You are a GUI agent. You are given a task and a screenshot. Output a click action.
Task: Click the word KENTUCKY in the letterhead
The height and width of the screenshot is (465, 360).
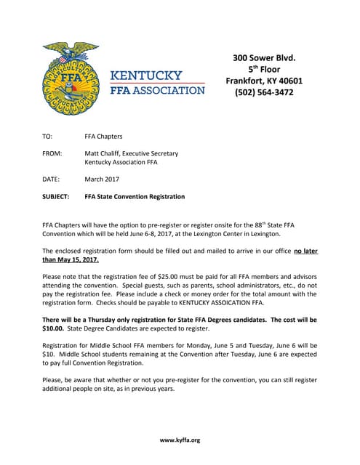point(156,76)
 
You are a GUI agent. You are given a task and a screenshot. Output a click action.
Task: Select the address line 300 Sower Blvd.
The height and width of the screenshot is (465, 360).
point(263,57)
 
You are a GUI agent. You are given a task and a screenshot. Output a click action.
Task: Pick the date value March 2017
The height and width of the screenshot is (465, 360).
point(103,179)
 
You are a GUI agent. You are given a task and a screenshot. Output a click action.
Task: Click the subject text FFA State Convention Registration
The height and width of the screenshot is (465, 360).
point(135,196)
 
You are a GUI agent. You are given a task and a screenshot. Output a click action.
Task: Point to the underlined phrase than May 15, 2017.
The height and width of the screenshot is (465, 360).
point(71,259)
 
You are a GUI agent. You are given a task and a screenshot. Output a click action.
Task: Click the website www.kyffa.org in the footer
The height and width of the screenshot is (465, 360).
point(180,440)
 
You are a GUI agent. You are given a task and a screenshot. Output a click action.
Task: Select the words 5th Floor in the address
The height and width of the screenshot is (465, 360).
point(264,69)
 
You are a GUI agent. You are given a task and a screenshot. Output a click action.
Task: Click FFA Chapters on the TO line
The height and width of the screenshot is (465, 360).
point(103,136)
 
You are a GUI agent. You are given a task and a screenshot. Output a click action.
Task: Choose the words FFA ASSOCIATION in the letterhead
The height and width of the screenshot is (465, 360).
point(157,90)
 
